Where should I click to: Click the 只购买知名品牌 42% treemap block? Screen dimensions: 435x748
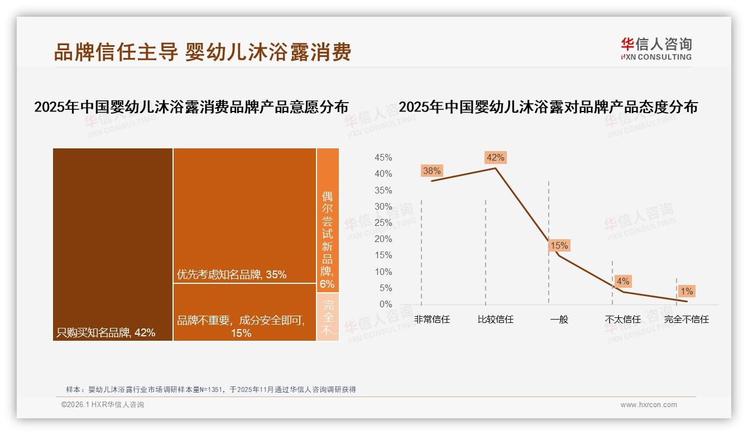113,244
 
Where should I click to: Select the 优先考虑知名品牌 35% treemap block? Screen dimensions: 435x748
244,215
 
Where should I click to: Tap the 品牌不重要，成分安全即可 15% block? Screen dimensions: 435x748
244,312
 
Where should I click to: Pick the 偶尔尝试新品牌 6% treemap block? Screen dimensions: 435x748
328,220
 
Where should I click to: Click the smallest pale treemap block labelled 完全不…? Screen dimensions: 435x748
328,317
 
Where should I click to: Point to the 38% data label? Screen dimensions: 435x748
431,171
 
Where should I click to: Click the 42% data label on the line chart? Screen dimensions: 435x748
495,157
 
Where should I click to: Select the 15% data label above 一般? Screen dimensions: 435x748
559,245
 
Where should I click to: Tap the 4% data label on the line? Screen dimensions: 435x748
623,282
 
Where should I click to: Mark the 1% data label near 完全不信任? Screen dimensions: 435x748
686,291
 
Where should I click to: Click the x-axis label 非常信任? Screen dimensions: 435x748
432,320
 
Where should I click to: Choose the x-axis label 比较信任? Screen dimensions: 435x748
496,320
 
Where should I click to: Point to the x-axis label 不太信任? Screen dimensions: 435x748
623,320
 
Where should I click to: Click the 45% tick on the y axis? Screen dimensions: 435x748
383,158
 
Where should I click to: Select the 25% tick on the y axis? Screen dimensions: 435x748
383,223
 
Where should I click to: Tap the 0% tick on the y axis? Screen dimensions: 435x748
386,304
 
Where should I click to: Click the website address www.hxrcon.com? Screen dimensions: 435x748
649,405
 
